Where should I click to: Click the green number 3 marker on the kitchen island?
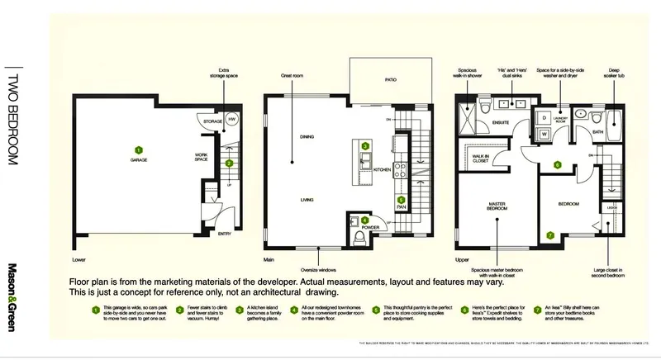tap(365, 145)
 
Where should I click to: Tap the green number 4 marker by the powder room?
tap(364, 220)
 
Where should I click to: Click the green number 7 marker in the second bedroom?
tap(551, 235)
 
